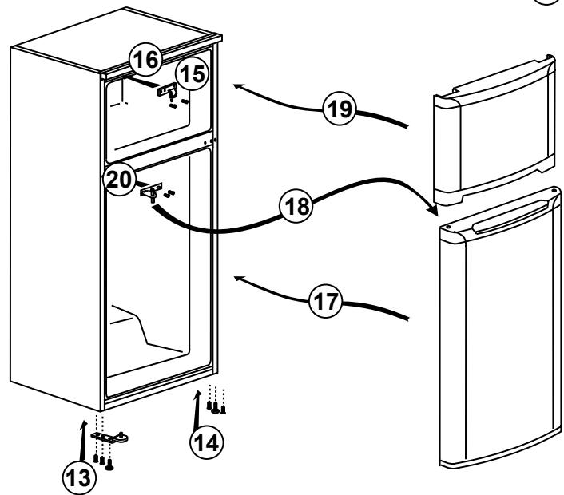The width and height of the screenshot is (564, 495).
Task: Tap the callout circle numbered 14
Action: coord(207,442)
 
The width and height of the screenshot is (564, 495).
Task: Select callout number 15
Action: coord(193,74)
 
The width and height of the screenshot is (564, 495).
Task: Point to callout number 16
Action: coord(145,59)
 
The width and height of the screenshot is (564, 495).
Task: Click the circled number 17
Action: coord(325,301)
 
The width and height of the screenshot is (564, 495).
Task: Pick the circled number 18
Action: coord(296,206)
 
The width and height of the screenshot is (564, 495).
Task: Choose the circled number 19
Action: coord(340,109)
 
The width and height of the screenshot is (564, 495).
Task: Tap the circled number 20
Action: coord(119,179)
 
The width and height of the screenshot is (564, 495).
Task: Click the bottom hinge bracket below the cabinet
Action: coord(109,438)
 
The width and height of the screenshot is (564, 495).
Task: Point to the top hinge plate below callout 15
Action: coord(167,90)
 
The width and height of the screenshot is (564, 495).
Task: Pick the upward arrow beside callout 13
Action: coord(83,441)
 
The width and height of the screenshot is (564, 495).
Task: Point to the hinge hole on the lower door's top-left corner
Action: coord(449,228)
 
